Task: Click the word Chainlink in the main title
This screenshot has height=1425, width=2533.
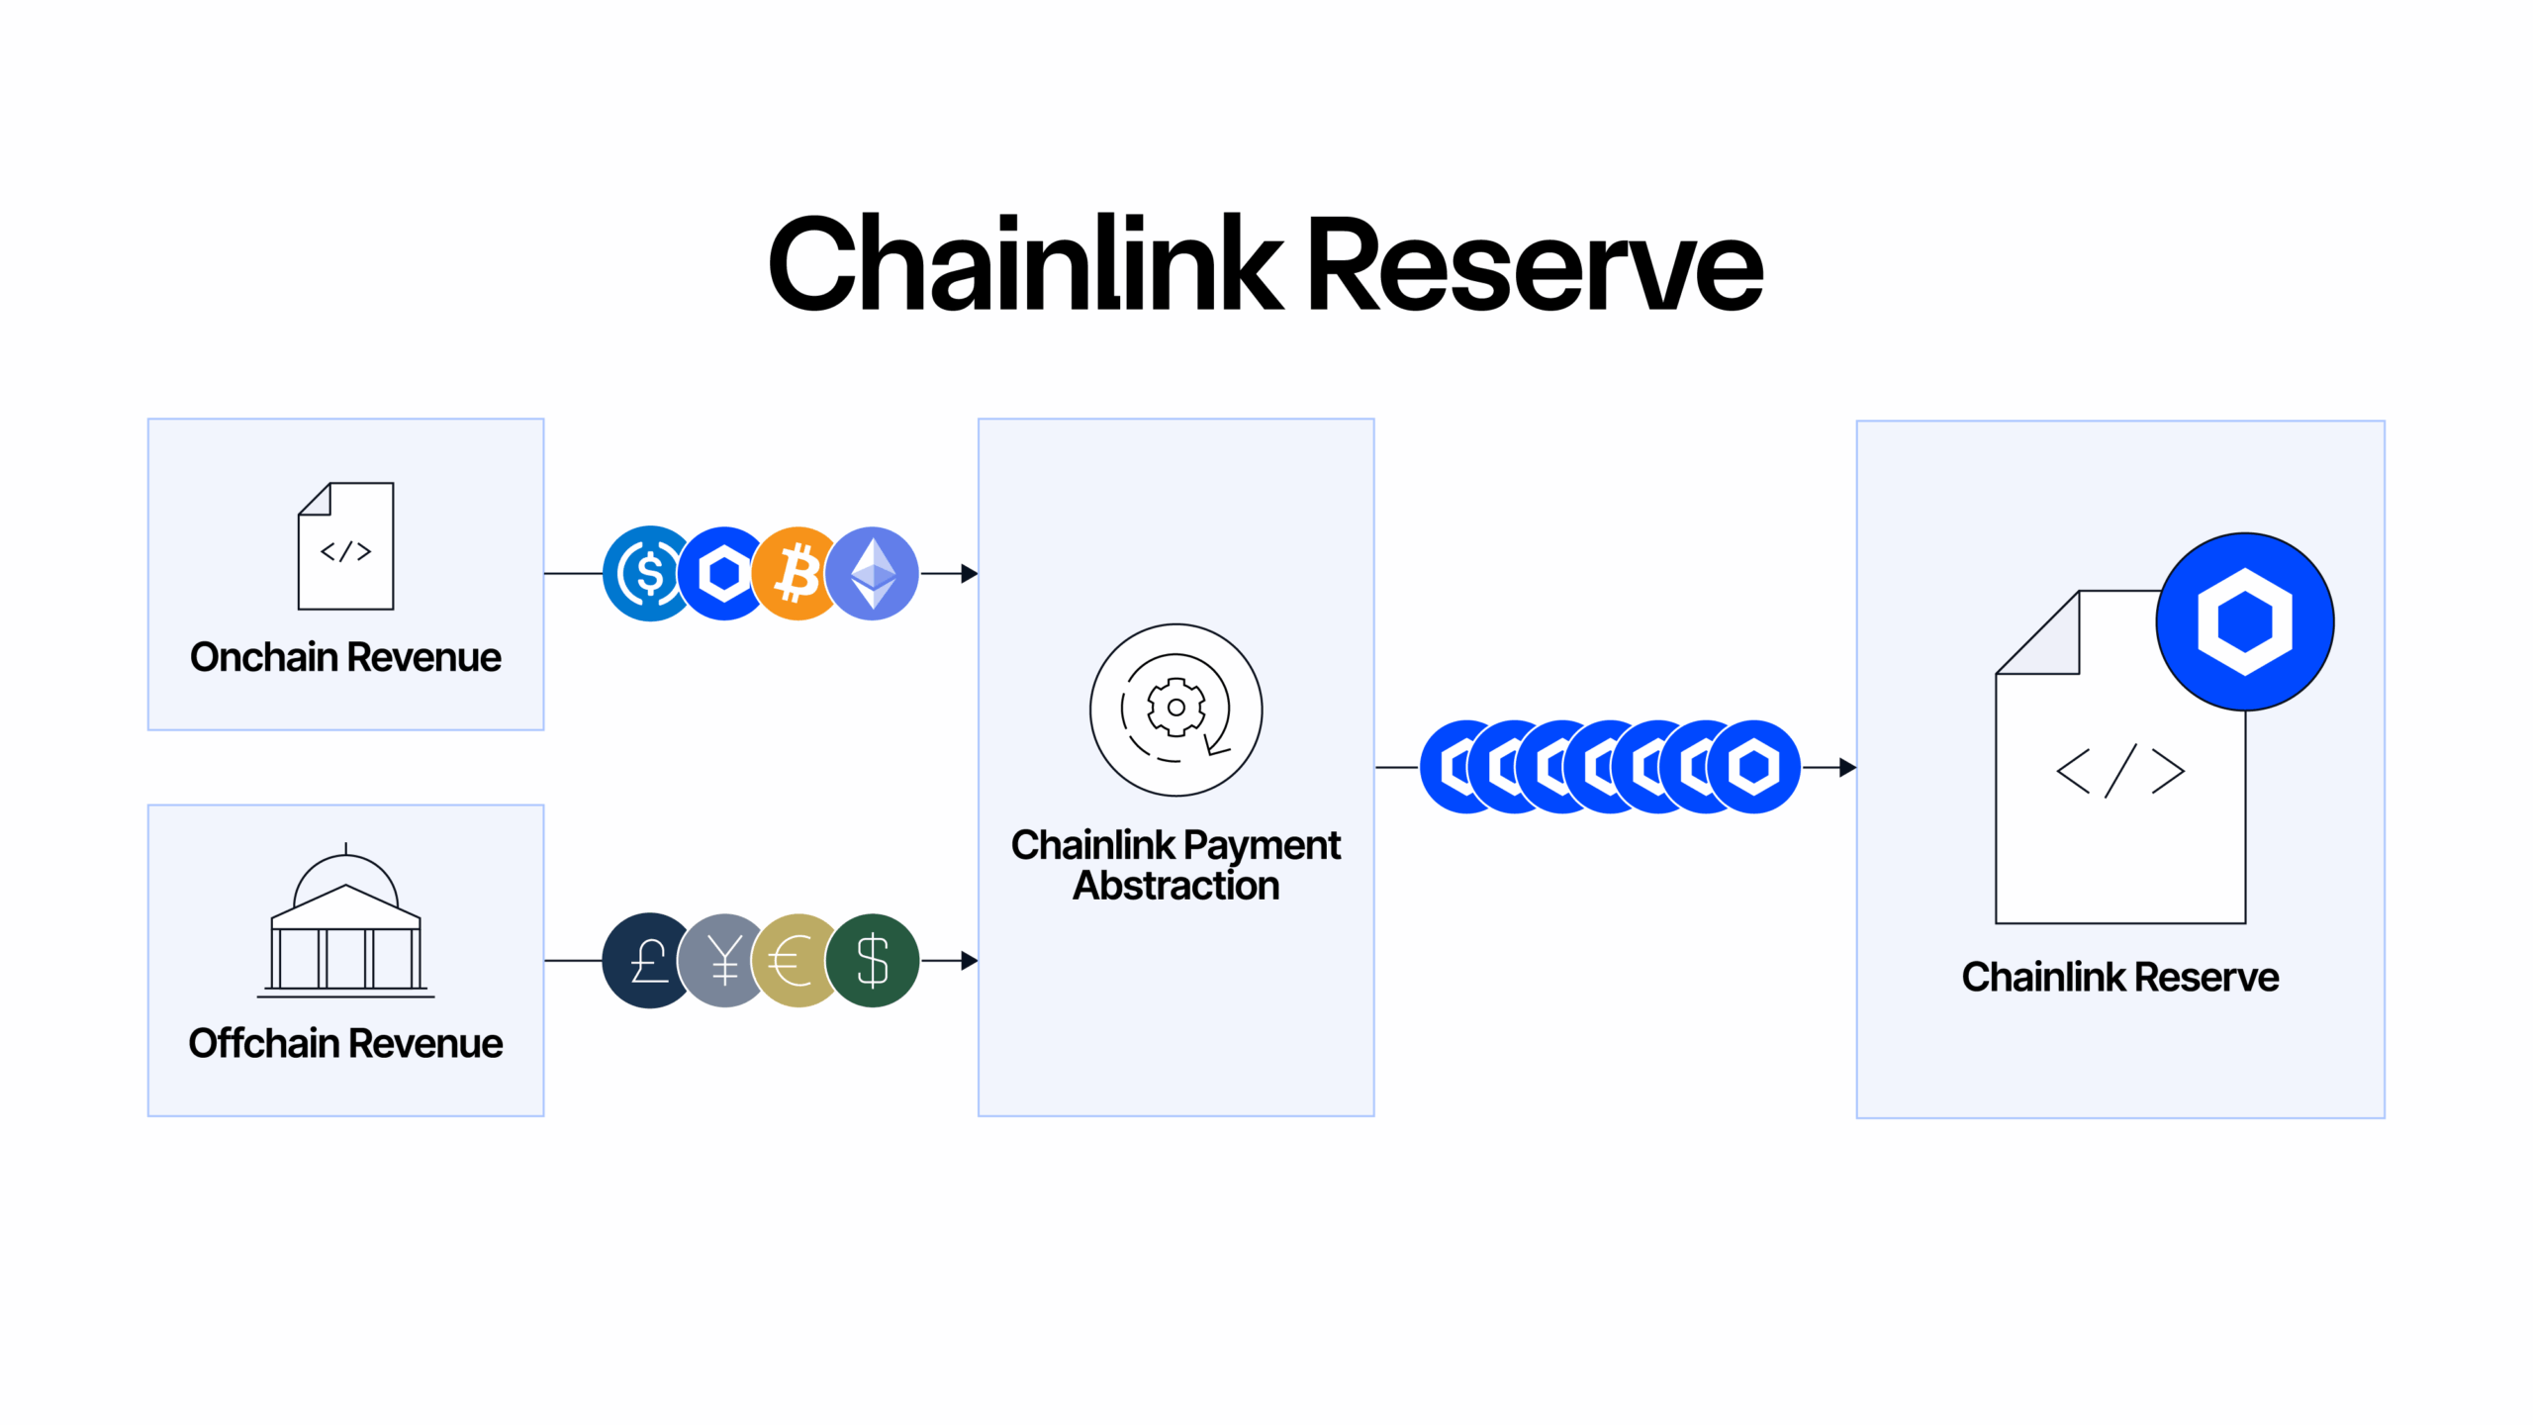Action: point(1024,265)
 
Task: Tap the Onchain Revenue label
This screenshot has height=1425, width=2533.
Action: point(345,657)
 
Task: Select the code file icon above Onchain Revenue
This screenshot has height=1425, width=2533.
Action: point(345,546)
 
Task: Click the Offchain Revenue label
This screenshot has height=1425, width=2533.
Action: point(345,1043)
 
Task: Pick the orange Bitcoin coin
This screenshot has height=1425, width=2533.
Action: point(797,574)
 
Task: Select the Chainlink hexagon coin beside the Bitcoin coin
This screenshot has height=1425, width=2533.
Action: point(723,574)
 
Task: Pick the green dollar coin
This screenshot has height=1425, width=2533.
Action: point(873,961)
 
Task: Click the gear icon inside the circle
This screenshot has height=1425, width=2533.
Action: point(1175,708)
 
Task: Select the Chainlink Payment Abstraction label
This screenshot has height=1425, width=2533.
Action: point(1175,865)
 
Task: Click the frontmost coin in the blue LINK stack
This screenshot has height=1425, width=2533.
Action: point(1754,767)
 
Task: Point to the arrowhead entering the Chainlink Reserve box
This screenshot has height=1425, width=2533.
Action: point(1847,767)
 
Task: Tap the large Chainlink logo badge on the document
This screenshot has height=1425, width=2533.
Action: point(2245,621)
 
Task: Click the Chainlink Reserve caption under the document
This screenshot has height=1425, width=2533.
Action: point(2120,977)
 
